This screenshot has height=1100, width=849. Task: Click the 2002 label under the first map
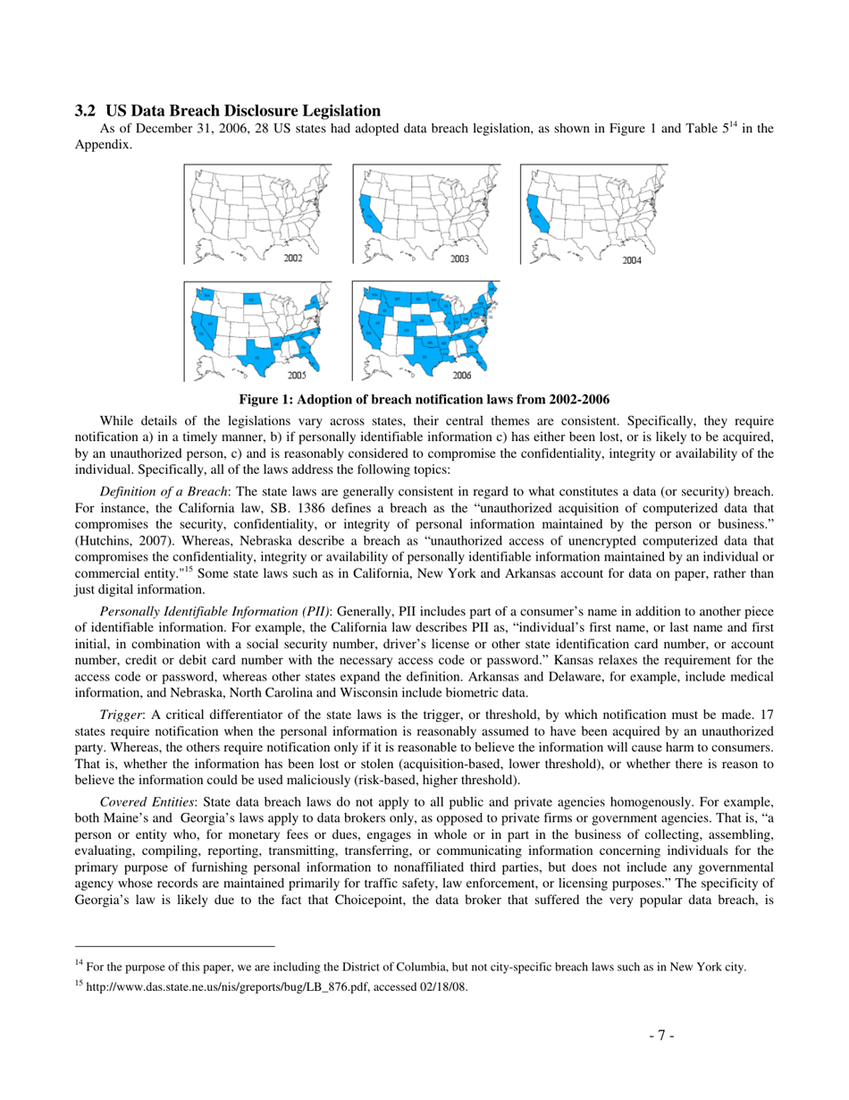292,258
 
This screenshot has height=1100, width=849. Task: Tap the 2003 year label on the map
460,258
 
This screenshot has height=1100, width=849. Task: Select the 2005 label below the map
294,375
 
